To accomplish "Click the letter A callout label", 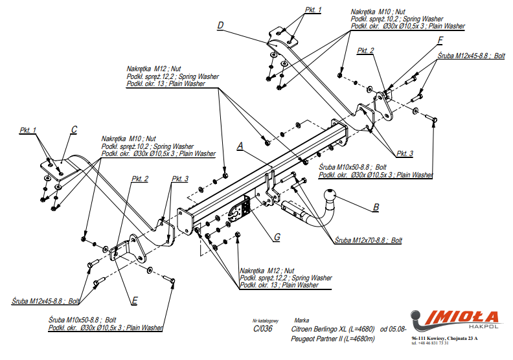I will click(x=240, y=147).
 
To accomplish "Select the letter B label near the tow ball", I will click(x=375, y=208).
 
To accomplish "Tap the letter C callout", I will click(x=74, y=130).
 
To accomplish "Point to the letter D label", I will click(x=220, y=25).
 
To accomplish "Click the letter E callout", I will click(x=134, y=300).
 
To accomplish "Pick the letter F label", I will click(x=440, y=39).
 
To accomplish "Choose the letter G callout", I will click(x=277, y=237).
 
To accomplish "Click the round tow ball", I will click(x=331, y=196).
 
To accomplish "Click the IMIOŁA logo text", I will click(x=461, y=317).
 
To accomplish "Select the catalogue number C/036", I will click(x=263, y=328).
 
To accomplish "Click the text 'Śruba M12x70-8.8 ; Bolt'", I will click(x=369, y=240).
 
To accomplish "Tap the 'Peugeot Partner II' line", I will click(x=334, y=339).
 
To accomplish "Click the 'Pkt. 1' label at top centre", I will click(x=313, y=10).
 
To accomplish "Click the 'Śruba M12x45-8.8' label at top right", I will click(x=471, y=56).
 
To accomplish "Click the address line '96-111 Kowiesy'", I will click(x=444, y=338).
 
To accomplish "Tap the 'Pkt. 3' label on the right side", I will click(x=405, y=153).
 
